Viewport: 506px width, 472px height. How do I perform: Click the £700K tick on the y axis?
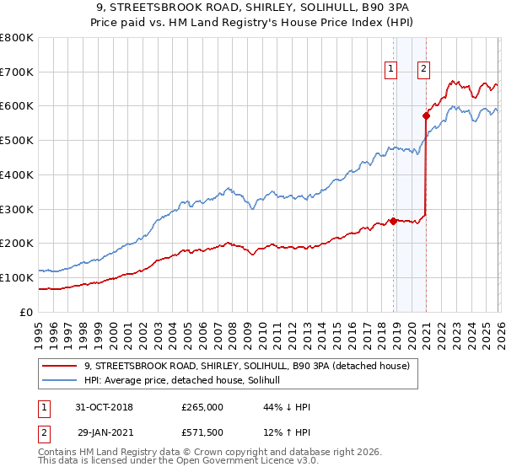pos(17,72)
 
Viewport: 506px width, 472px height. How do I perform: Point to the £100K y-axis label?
pos(17,277)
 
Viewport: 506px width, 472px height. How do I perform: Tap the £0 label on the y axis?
pos(25,312)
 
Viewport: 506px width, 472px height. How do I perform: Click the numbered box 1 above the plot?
pos(392,70)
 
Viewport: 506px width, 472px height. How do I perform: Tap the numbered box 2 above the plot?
pos(423,70)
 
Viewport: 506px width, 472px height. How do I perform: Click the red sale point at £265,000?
pos(393,221)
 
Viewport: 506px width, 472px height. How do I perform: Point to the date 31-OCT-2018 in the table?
pos(105,407)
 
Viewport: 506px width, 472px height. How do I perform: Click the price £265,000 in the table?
pos(202,407)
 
